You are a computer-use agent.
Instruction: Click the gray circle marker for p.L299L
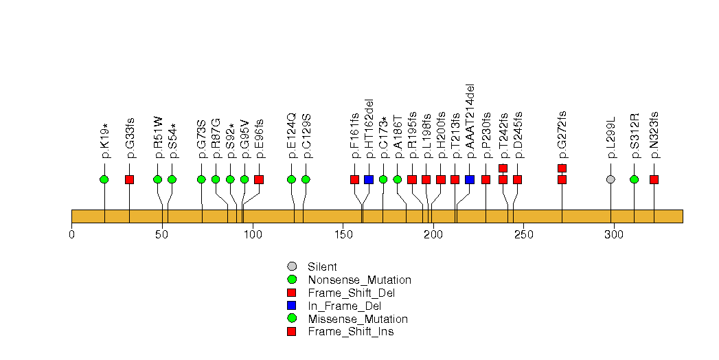coord(611,179)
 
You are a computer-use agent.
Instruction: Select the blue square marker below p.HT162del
coord(369,179)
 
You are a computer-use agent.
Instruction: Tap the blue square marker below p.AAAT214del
coord(470,179)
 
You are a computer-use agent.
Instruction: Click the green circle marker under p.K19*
coord(104,179)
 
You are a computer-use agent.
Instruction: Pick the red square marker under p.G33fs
coord(129,179)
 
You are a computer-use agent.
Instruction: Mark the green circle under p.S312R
coord(634,179)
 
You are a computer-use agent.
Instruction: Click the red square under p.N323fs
coord(654,179)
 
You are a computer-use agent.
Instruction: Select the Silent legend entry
coord(322,267)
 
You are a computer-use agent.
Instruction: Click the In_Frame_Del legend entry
coord(344,306)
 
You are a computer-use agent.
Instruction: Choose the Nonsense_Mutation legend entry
coord(359,280)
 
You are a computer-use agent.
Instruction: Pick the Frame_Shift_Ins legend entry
coord(350,332)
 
